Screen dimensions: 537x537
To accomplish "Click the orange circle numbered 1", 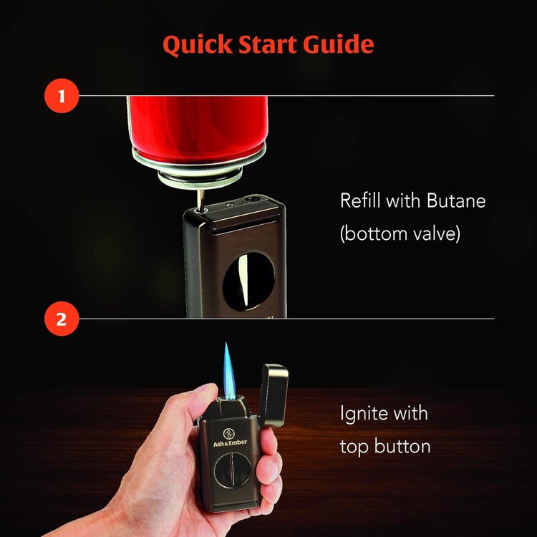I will [x=61, y=96].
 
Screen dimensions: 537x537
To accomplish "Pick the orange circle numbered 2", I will [x=61, y=319].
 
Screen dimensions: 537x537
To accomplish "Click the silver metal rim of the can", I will [x=198, y=161].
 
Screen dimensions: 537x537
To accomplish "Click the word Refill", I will [x=359, y=201].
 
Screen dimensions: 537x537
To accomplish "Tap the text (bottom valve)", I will [x=400, y=234].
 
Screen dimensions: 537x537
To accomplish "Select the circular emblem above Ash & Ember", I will [x=228, y=432].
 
